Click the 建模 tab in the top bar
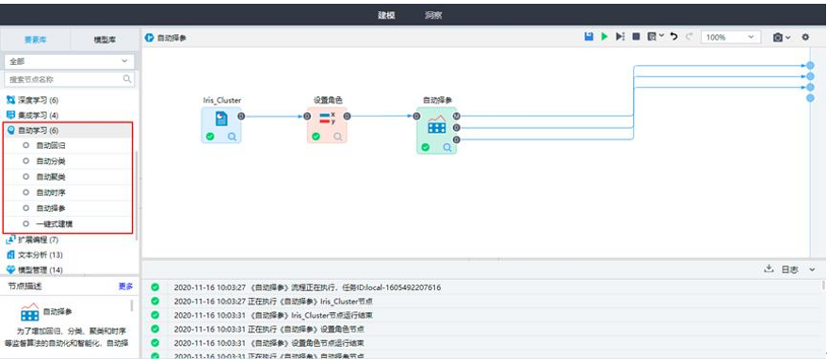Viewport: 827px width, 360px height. click(x=386, y=15)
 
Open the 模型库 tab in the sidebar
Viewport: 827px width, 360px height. click(x=105, y=39)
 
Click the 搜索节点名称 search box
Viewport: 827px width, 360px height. click(x=64, y=80)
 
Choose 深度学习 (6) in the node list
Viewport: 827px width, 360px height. click(x=39, y=100)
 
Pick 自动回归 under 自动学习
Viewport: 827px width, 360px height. click(x=51, y=146)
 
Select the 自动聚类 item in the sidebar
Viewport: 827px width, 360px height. click(x=51, y=176)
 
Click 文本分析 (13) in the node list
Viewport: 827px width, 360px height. click(x=41, y=254)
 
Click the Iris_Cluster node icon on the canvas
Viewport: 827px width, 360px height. click(x=221, y=120)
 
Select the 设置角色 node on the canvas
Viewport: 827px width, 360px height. click(x=327, y=120)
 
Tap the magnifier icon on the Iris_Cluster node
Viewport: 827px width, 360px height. click(x=233, y=137)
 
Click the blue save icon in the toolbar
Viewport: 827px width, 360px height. click(x=589, y=37)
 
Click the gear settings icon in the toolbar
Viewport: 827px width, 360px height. click(x=805, y=37)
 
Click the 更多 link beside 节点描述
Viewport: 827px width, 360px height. click(x=125, y=286)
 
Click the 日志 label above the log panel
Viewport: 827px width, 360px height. click(x=789, y=270)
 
